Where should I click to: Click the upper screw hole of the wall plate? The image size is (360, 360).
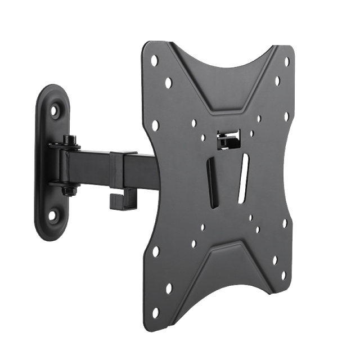click(54, 111)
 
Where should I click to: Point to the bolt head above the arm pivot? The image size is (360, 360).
click(69, 139)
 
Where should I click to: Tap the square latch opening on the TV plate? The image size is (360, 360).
click(228, 138)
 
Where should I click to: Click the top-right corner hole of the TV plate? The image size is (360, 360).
click(286, 61)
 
